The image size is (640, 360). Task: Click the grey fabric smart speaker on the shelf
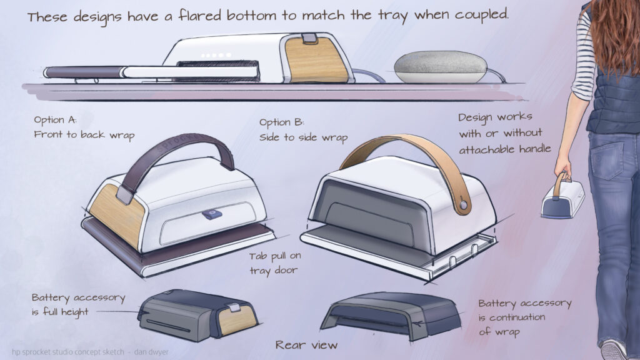pos(441,67)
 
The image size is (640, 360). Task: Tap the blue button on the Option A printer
pos(212,214)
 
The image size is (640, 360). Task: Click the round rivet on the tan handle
pos(463,205)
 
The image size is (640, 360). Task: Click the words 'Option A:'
pos(55,120)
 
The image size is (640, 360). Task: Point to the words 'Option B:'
pos(282,122)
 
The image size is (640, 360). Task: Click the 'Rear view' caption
pos(306,345)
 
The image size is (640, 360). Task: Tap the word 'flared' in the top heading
pos(199,16)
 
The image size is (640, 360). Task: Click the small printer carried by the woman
pos(562,198)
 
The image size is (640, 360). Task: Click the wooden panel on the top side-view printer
pos(316,59)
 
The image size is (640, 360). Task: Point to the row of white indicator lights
pos(216,55)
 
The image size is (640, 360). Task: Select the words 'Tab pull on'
pos(275,256)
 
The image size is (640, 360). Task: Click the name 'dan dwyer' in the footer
pos(151,352)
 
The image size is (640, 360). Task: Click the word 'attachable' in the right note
pos(486,149)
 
